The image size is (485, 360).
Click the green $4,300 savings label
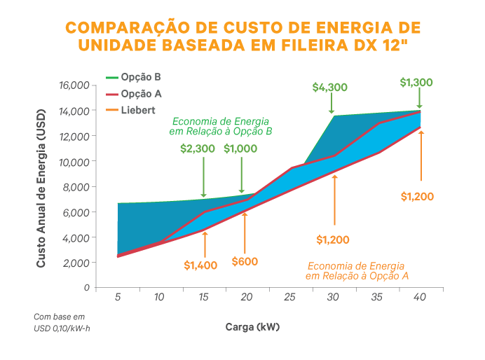pos(330,88)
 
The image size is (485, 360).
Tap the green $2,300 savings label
pos(198,148)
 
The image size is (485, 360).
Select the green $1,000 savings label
pos(240,148)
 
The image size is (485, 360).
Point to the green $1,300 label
pos(416,82)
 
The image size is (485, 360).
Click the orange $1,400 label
pos(200,265)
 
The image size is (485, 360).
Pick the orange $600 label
pos(244,261)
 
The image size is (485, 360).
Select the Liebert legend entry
pos(137,110)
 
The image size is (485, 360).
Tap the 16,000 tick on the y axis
pos(73,85)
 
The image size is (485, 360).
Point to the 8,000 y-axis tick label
pos(76,187)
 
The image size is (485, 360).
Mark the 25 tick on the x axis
pos(289,298)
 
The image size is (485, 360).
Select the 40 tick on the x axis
pos(420,298)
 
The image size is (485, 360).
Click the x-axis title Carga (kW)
pos(253,326)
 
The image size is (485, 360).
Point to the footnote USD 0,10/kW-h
pos(62,327)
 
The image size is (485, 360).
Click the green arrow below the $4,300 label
pos(331,104)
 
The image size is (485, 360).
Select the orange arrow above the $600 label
pos(245,231)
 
